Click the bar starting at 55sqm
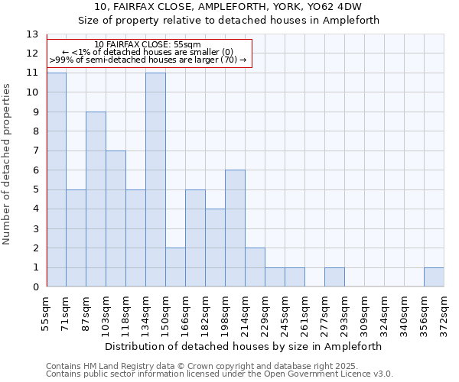[x=56, y=180]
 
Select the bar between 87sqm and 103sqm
[x=96, y=199]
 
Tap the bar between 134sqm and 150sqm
[x=155, y=180]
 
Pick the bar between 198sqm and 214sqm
[x=235, y=228]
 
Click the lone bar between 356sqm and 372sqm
[x=434, y=277]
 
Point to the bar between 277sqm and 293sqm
[x=334, y=277]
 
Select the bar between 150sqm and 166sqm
[x=175, y=267]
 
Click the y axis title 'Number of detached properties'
[x=8, y=164]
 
